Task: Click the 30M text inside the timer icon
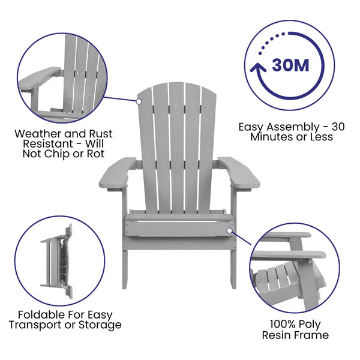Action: click(291, 65)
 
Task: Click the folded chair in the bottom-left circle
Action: click(58, 262)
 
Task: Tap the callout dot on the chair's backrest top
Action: click(139, 101)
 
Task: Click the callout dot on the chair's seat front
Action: click(229, 229)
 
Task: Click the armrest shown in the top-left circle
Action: click(39, 79)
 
